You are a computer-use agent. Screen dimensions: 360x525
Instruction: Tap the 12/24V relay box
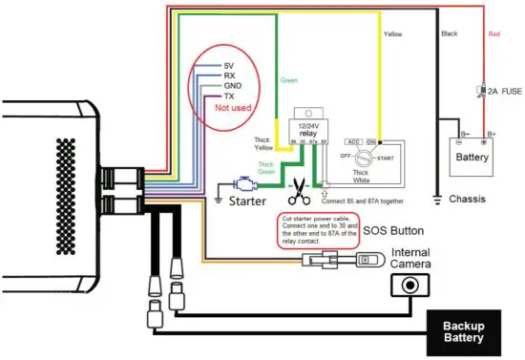point(306,130)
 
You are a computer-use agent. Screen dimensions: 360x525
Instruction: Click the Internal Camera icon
point(411,284)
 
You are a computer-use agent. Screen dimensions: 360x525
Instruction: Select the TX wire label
point(227,96)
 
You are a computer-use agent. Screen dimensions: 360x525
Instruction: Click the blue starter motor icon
point(244,183)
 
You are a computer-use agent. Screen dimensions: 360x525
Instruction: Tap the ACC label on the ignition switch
point(352,141)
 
